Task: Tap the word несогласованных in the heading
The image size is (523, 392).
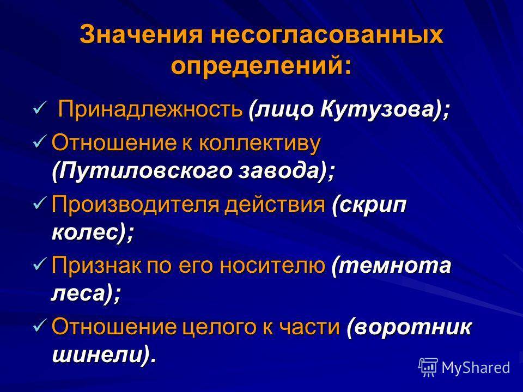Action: coord(327,34)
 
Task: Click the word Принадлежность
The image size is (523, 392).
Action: coord(150,109)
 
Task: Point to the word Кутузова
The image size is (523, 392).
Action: coord(377,109)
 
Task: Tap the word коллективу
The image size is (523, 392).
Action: coord(260,143)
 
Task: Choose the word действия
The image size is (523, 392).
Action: coord(275,204)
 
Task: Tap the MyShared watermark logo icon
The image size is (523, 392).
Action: coord(428,367)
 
